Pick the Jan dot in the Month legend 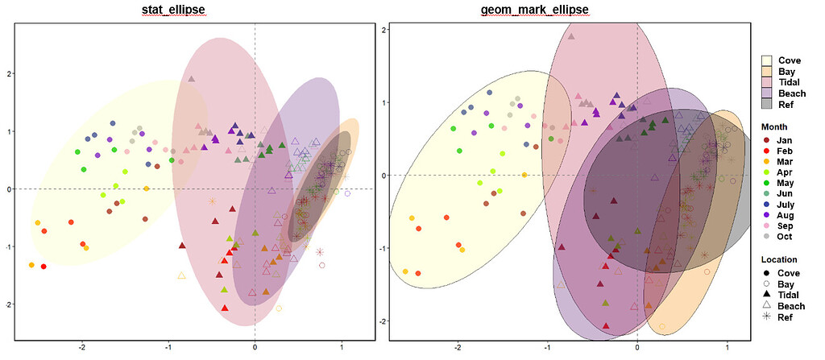[x=767, y=140]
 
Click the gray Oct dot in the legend [x=767, y=238]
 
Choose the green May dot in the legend [x=767, y=183]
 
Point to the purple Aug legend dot [x=767, y=216]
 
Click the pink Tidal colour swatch [x=767, y=82]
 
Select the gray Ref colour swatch [x=767, y=104]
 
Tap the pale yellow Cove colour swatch [x=767, y=60]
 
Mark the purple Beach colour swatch [x=767, y=93]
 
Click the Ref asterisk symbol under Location [x=767, y=317]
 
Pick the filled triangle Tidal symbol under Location [x=767, y=296]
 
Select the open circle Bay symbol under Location [x=767, y=284]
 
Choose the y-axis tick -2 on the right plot [x=385, y=321]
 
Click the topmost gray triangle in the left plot [x=192, y=79]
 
